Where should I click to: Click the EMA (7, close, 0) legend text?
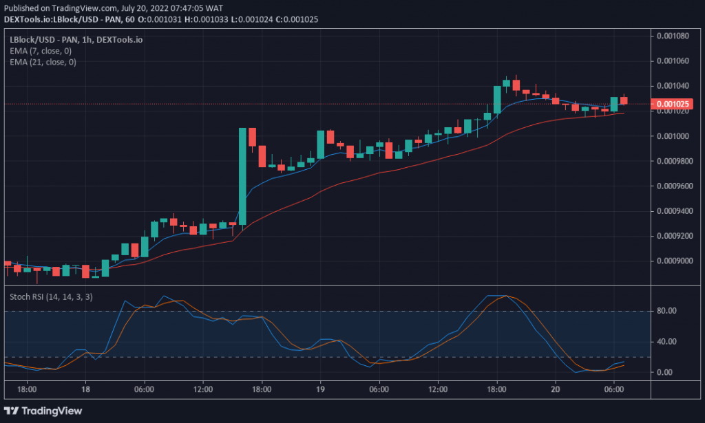(x=43, y=51)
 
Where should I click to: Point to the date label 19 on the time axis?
(x=320, y=389)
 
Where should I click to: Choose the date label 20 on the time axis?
(x=555, y=389)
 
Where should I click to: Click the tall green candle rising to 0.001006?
(x=242, y=175)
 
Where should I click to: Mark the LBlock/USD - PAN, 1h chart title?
(x=76, y=40)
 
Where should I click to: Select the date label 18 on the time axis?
(x=85, y=389)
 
